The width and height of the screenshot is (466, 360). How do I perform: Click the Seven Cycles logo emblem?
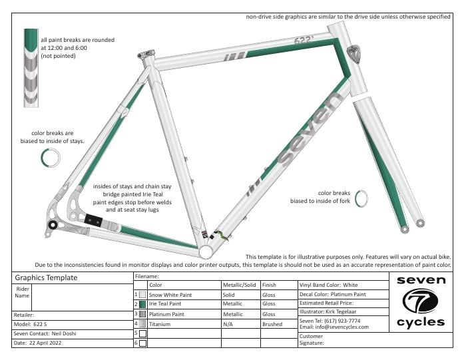[x=420, y=302]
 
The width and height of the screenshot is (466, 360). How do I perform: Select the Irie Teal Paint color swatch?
[x=142, y=303]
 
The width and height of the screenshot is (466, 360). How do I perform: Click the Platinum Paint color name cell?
[x=183, y=313]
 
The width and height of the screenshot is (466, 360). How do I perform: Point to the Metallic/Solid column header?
[x=240, y=285]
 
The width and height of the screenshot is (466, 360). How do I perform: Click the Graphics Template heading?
[x=46, y=277]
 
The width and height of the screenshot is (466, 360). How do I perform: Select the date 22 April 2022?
[x=39, y=343]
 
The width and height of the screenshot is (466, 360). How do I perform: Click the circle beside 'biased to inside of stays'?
[x=51, y=158]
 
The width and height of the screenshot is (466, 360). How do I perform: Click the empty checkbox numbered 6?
[x=142, y=343]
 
